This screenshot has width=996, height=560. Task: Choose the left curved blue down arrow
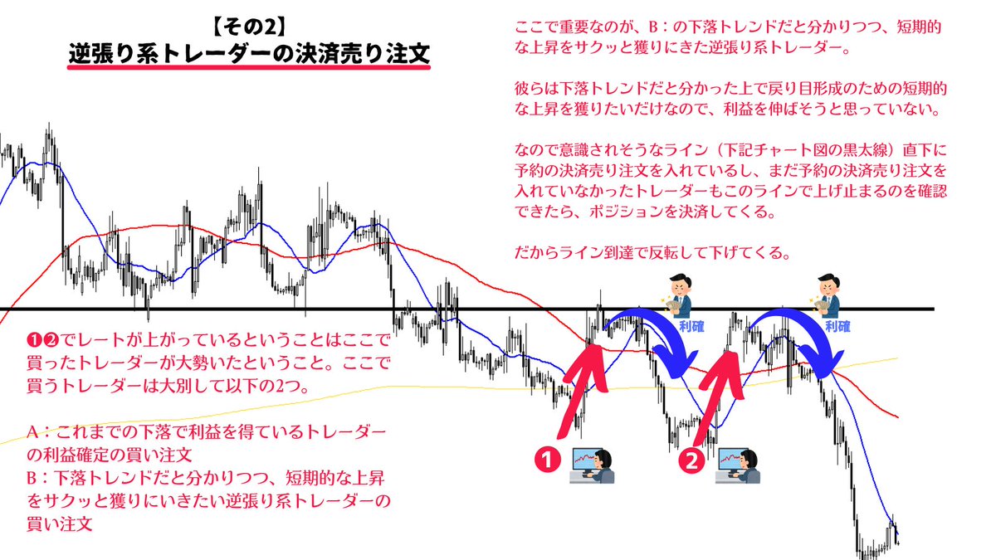pyautogui.click(x=664, y=340)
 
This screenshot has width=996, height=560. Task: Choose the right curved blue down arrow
pyautogui.click(x=801, y=340)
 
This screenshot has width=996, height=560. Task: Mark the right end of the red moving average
pyautogui.click(x=897, y=416)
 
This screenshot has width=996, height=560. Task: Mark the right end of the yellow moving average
pyautogui.click(x=897, y=359)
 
